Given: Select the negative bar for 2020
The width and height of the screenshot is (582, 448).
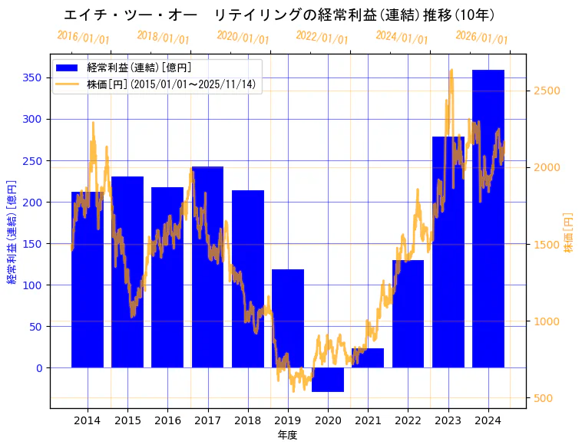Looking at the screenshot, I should (x=328, y=380).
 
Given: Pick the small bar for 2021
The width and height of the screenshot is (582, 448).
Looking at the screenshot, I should (x=368, y=358).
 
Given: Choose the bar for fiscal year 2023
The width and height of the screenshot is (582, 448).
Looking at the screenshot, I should (x=448, y=252).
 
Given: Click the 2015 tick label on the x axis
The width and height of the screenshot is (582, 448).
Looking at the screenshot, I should (x=127, y=420).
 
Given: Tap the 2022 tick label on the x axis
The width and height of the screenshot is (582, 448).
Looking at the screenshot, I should (x=408, y=420).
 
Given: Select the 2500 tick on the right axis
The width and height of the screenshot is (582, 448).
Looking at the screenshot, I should (x=547, y=91).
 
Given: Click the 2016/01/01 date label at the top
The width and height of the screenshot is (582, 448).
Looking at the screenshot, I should (x=83, y=38).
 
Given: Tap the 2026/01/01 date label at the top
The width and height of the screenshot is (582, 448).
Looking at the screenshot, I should (x=481, y=38).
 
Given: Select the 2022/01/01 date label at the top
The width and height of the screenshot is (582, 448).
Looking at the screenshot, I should (x=322, y=38).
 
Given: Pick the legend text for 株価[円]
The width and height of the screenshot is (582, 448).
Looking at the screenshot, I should (x=171, y=84).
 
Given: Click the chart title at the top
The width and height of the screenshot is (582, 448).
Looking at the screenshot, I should (x=279, y=15).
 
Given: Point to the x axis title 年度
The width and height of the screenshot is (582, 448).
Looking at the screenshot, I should (x=288, y=435).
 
